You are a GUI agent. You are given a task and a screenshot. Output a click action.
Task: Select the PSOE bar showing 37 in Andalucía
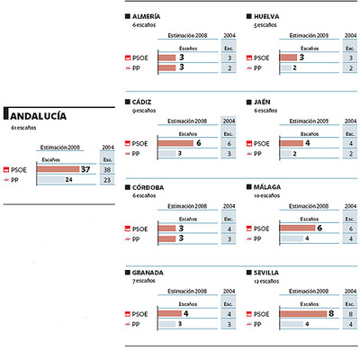[63, 168]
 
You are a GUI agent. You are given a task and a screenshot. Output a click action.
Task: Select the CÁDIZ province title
[143, 102]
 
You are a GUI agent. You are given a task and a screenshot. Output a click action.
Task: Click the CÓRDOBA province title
[148, 187]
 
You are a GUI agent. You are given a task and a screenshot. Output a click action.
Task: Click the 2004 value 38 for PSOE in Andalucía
[109, 168]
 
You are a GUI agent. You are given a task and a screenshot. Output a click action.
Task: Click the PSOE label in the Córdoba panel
[140, 229]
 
